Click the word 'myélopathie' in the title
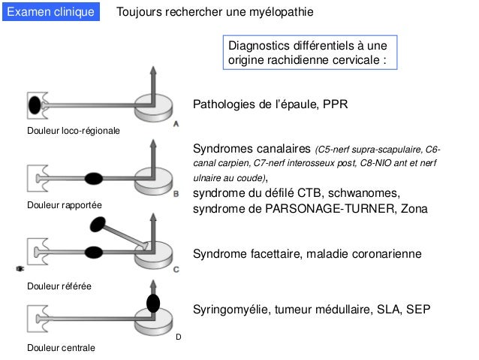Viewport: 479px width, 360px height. (x=282, y=14)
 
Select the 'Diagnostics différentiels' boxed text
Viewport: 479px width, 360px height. (x=309, y=53)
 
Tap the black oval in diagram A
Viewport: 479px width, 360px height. (x=35, y=104)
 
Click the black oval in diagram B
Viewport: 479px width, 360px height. (x=93, y=178)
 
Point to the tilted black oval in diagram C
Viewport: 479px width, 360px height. (x=99, y=224)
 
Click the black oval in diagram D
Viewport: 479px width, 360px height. (x=153, y=303)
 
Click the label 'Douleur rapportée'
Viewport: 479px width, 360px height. (x=64, y=204)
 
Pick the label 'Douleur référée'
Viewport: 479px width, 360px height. (x=59, y=286)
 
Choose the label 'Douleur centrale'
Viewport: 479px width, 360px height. (x=62, y=349)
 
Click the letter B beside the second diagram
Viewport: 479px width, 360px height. (x=176, y=193)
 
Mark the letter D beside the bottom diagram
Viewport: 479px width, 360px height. (x=179, y=337)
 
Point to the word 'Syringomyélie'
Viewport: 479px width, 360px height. (x=228, y=310)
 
